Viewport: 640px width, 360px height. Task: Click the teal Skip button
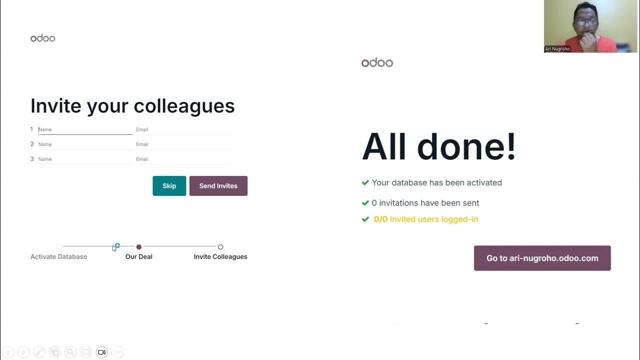click(169, 186)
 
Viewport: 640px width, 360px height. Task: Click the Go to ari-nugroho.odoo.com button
click(542, 258)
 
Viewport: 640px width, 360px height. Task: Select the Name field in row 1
click(85, 129)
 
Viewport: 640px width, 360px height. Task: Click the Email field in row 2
click(182, 144)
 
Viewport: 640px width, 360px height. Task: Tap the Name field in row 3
click(85, 159)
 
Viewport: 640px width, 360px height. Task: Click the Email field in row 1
click(182, 129)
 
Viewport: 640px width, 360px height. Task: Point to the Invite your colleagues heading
click(132, 106)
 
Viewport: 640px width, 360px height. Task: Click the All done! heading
click(438, 147)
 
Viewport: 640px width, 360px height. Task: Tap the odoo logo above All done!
click(377, 62)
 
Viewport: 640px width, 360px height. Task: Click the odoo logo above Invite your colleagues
click(43, 38)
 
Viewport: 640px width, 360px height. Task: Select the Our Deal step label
click(138, 256)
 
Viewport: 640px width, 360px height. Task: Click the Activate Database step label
click(58, 256)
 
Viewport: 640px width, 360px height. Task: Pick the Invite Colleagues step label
click(220, 256)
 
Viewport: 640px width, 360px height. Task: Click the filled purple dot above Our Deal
click(139, 247)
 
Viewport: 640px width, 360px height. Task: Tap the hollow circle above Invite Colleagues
click(220, 247)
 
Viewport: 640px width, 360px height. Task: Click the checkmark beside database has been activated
click(365, 183)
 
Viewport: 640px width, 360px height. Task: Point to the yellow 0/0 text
click(380, 219)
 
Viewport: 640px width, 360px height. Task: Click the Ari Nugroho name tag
click(557, 49)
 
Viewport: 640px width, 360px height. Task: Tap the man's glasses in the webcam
click(586, 22)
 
